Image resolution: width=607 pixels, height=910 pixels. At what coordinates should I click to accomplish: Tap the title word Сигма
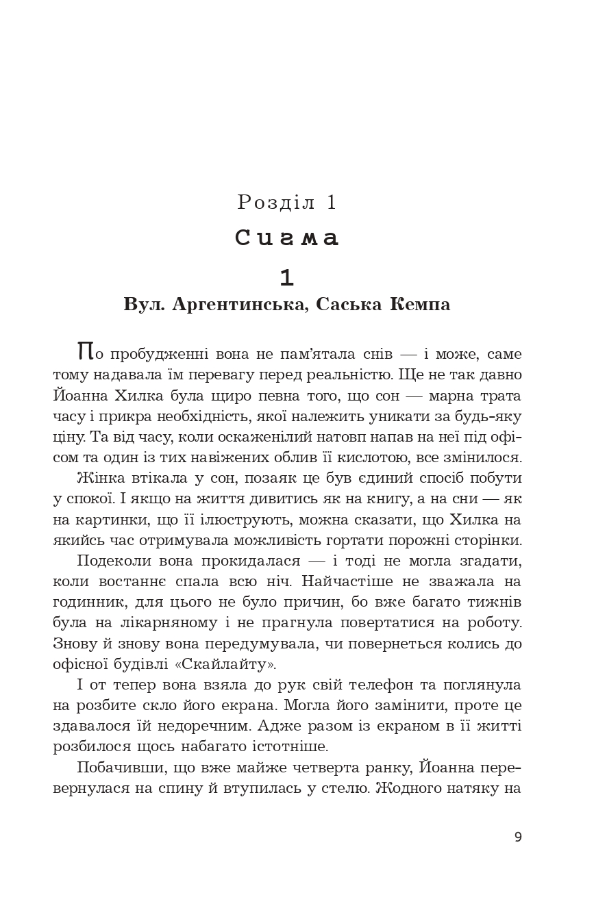tap(288, 238)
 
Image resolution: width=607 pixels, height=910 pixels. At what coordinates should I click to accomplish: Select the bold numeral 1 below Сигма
tap(287, 277)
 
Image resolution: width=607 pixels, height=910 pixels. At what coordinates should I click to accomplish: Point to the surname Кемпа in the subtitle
tap(420, 304)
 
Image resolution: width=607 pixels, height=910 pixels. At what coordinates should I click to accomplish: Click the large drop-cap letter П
tap(85, 352)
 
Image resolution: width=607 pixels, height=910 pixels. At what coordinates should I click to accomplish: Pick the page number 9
tap(518, 837)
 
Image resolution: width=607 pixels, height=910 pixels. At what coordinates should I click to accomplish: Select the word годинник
tap(81, 603)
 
